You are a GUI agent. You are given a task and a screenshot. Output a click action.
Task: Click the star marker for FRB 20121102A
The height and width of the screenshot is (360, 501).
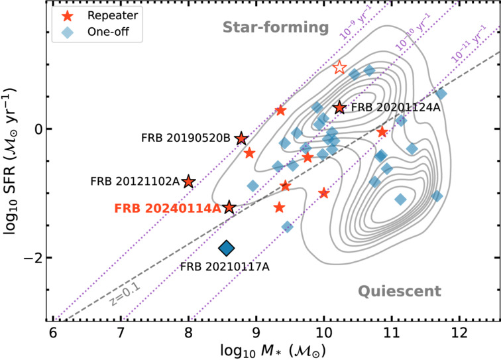point(189,181)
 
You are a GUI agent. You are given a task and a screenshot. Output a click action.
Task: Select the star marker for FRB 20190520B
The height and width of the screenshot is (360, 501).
point(241,138)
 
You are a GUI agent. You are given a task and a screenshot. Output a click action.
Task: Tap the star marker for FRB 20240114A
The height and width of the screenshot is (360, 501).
point(229,208)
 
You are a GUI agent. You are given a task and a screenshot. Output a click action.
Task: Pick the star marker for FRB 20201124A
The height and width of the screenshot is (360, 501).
point(339,107)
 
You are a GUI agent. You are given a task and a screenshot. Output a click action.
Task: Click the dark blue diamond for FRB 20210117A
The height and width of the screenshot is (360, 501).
point(227,248)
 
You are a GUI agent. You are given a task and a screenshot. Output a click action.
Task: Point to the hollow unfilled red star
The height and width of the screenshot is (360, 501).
point(339,67)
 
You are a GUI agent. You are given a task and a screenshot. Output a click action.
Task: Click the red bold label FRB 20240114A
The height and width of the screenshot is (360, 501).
point(168,208)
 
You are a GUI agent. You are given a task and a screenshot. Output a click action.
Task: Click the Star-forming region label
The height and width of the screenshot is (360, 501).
point(276,27)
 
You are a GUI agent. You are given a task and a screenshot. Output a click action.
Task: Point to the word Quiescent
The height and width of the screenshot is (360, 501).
point(400,290)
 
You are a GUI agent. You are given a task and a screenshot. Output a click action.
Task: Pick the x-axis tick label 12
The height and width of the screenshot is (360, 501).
point(459,331)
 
